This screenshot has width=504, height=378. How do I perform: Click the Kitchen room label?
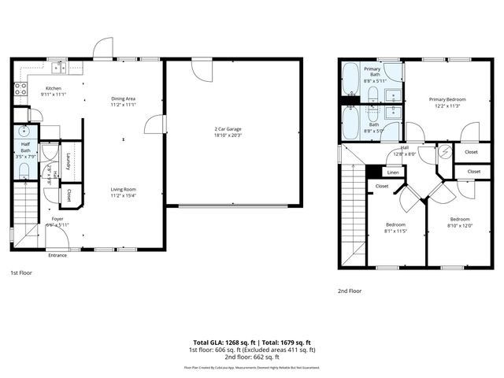click(53, 88)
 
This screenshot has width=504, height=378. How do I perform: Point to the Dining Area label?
click(124, 98)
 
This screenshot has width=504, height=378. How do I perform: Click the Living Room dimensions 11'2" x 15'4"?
click(124, 195)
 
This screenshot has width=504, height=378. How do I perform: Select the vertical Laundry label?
click(69, 161)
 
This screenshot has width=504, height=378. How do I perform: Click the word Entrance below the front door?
click(57, 255)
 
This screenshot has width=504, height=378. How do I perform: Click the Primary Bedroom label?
click(447, 99)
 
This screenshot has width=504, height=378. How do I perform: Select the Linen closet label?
click(393, 172)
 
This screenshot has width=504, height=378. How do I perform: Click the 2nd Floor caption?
click(349, 290)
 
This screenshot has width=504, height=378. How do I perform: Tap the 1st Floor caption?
click(20, 272)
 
